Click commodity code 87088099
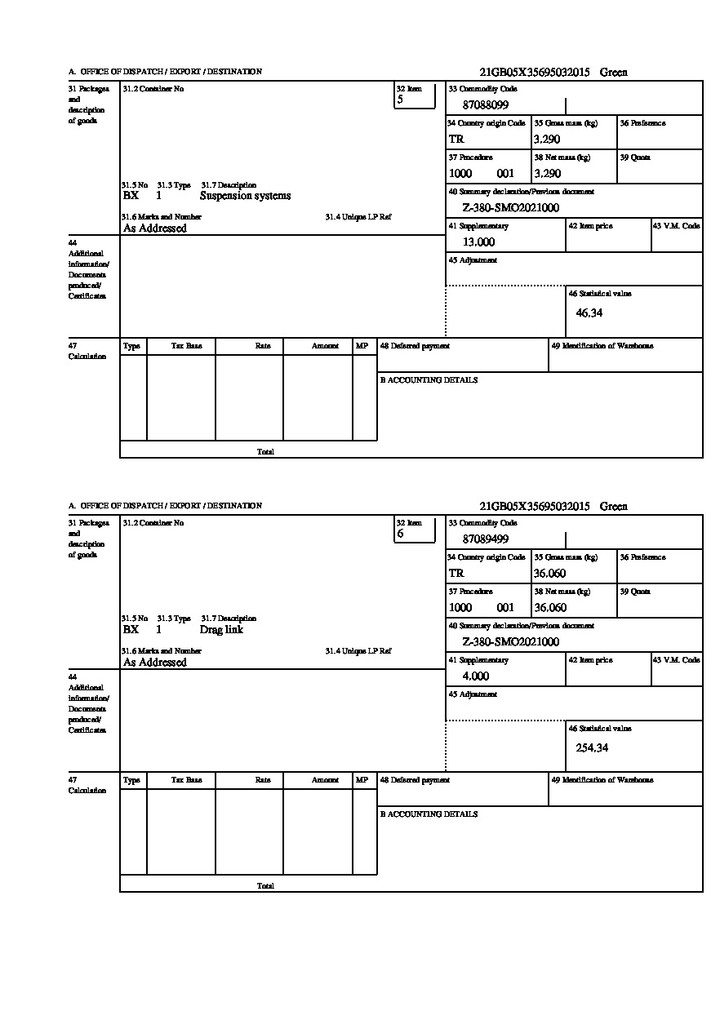[485, 105]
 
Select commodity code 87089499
[485, 539]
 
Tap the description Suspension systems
[245, 196]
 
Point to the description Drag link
[221, 630]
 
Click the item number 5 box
[415, 95]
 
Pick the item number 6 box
[415, 530]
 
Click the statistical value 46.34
[589, 313]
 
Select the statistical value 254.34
[592, 747]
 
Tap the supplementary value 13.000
[478, 242]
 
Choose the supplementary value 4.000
[475, 676]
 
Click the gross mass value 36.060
[549, 574]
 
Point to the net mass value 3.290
[547, 174]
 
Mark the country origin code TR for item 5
[456, 140]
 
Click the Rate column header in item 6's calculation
[263, 780]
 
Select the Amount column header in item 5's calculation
[325, 346]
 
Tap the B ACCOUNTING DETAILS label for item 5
[429, 380]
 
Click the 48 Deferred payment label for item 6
[415, 780]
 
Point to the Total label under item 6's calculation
[265, 885]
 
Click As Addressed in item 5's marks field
[155, 228]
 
